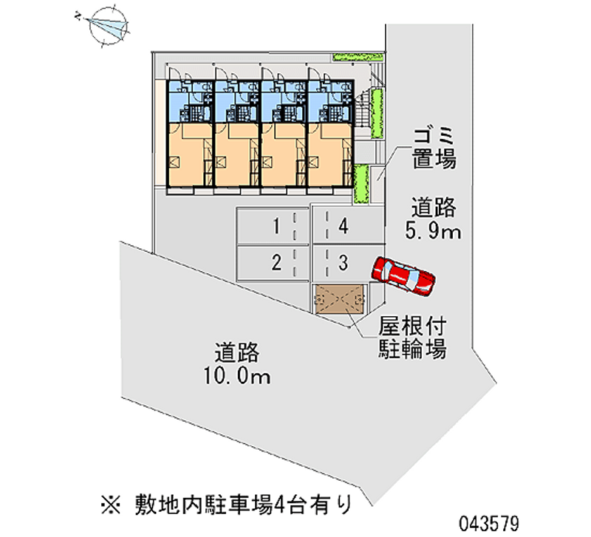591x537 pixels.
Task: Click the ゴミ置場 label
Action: [x=434, y=148]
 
